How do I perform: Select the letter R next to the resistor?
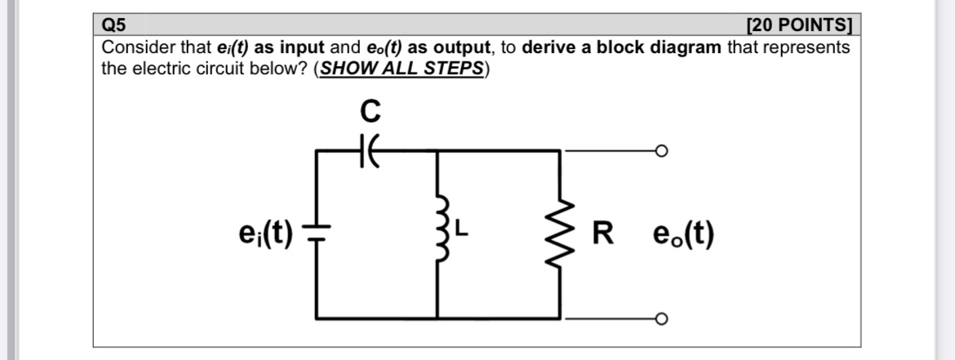point(602,235)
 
